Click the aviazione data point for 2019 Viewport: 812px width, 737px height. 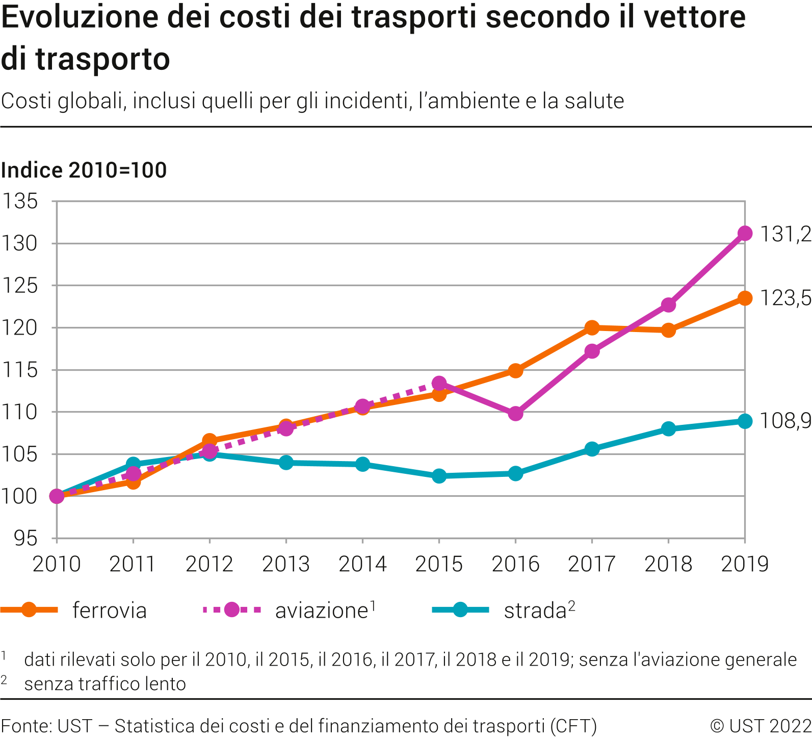[745, 233]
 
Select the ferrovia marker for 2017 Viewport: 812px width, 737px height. [592, 327]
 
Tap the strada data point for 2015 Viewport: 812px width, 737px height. [439, 476]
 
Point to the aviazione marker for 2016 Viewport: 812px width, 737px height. [515, 413]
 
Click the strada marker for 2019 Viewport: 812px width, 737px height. [745, 421]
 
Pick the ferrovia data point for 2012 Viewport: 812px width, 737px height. [209, 441]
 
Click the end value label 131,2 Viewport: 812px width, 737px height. [785, 234]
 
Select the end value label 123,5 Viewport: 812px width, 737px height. [785, 298]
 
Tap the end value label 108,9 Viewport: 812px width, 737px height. [785, 421]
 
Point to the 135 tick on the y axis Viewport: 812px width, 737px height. [20, 201]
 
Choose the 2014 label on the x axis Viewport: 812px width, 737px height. [362, 564]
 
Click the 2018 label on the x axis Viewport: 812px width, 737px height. [668, 564]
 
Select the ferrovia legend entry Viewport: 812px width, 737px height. [109, 611]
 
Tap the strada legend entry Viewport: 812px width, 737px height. [535, 611]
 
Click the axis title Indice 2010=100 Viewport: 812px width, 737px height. [84, 170]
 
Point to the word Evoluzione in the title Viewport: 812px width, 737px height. [80, 17]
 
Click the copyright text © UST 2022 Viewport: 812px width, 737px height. [760, 726]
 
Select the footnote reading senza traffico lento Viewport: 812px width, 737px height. [105, 684]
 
